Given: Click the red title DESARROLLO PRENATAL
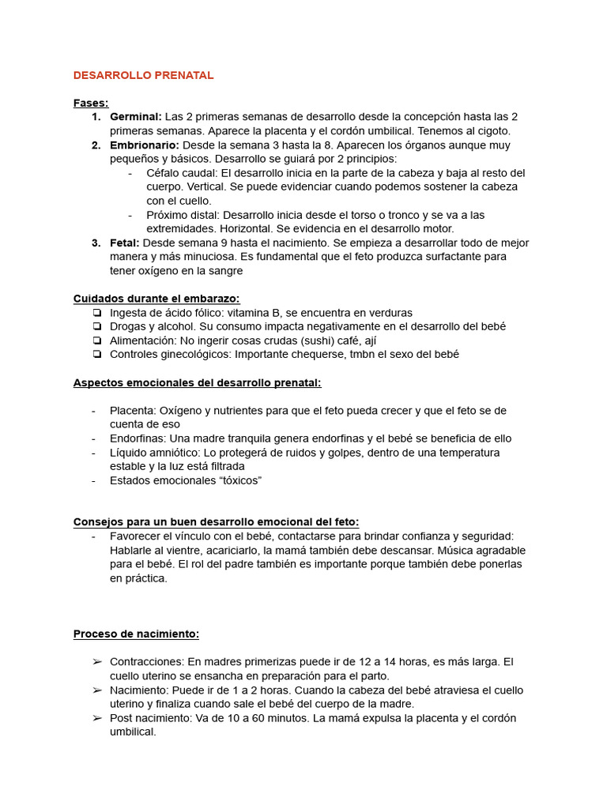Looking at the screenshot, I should click(x=143, y=75).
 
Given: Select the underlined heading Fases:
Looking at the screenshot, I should click(x=91, y=103).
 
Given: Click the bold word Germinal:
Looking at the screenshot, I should click(x=136, y=117).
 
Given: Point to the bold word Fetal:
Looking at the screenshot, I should click(x=125, y=243).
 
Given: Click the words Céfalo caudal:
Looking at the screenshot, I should click(x=182, y=173).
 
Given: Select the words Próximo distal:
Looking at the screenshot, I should click(x=183, y=215).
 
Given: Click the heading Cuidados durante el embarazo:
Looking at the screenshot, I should click(x=156, y=299).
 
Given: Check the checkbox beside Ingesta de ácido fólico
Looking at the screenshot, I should click(x=96, y=313).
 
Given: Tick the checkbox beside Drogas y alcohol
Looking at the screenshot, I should click(x=96, y=326).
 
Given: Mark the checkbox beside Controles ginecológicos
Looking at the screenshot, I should click(x=96, y=355).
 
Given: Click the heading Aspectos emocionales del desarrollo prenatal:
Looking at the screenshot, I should click(x=197, y=382).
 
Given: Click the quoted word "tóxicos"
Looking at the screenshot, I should click(x=236, y=480).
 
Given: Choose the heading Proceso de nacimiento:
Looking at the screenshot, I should click(x=136, y=634).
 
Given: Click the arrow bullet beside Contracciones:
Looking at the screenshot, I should click(x=96, y=662).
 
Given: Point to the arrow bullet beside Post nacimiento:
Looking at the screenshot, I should click(x=96, y=718).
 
